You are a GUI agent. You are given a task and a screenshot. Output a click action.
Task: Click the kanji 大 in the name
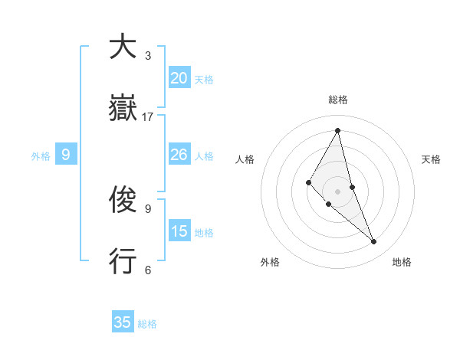(123, 47)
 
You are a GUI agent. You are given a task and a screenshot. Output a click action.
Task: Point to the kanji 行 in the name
(123, 262)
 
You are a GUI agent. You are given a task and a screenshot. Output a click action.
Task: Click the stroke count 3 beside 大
(148, 55)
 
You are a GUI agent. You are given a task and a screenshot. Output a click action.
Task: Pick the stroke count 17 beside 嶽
(148, 116)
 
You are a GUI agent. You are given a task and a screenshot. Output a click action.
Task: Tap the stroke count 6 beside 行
(148, 270)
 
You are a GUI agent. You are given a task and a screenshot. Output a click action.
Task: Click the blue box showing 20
(179, 78)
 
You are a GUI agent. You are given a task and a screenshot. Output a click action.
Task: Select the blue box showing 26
(179, 155)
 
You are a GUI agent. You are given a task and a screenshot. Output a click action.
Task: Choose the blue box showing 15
(179, 231)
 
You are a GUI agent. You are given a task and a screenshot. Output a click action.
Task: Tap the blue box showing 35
(123, 322)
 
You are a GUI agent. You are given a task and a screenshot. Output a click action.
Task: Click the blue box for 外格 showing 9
(66, 155)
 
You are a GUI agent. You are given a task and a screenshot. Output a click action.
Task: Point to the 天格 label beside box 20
(204, 80)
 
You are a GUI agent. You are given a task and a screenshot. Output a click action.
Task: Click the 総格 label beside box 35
(147, 324)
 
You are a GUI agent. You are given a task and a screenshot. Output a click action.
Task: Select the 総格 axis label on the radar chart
(338, 100)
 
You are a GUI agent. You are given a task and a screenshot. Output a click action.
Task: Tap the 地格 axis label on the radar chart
(402, 263)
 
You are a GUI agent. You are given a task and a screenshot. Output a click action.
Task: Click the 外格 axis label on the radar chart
(270, 263)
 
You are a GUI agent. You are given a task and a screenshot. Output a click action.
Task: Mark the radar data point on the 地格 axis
(374, 242)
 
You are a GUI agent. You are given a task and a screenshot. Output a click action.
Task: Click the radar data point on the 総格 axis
(338, 130)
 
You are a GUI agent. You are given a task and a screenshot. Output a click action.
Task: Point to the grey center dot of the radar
(338, 191)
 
